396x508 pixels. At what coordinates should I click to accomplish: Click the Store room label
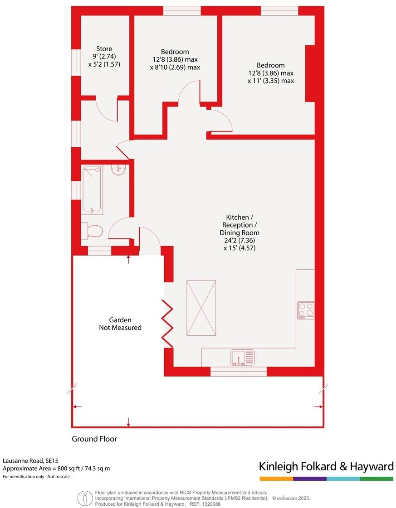[104, 49]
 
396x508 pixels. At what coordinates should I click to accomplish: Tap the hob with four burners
[306, 310]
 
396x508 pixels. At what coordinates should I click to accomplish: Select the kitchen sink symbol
[242, 357]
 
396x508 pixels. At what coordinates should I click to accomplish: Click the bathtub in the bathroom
[93, 189]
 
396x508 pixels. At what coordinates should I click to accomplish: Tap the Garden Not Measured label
[120, 324]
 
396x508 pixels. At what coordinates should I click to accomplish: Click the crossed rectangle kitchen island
[201, 308]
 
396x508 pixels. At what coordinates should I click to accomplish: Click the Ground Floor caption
[94, 439]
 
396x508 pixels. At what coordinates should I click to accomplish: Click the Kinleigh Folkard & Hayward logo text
[326, 466]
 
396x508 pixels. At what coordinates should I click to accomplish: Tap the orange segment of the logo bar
[276, 479]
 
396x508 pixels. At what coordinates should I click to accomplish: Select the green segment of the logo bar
[376, 479]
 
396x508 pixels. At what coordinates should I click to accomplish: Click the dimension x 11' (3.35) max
[271, 81]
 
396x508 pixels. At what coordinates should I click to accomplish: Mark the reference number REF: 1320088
[205, 503]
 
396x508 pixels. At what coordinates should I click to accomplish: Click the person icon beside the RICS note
[85, 498]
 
